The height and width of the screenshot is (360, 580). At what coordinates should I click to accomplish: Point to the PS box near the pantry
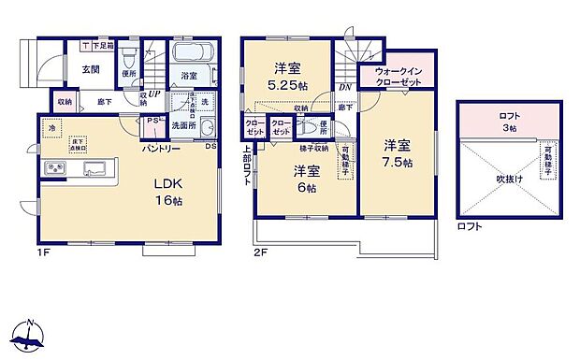pos(152,121)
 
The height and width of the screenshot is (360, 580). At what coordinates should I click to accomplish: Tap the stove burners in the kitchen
pos(53,168)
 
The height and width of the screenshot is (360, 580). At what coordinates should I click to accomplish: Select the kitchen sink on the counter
pos(94,169)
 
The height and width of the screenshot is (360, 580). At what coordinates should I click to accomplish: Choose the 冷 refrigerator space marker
pos(52,128)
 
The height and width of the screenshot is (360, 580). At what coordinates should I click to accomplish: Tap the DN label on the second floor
pos(344,88)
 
